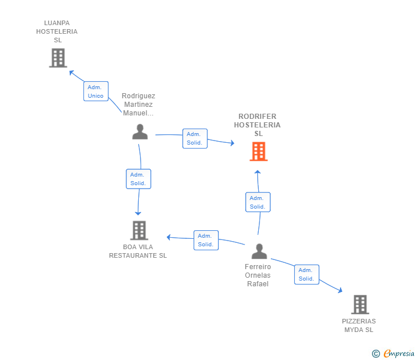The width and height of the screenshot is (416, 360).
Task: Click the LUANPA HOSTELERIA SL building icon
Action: pos(58,58)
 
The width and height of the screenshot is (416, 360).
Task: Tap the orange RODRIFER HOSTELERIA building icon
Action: pos(258,151)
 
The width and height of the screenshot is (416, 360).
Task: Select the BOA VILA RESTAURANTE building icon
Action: pos(139,230)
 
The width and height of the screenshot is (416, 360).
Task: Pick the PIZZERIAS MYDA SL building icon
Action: pos(359,305)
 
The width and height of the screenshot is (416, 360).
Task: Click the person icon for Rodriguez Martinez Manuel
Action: pos(140,131)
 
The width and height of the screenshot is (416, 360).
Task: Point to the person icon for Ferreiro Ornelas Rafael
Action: pos(259,251)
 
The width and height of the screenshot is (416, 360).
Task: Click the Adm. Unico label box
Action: pos(95,91)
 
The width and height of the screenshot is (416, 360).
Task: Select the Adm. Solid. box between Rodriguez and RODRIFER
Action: pos(194,138)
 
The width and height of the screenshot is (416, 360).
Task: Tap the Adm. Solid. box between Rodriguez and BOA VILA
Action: pos(138,179)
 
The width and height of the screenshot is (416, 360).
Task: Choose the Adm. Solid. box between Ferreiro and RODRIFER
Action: pos(258,202)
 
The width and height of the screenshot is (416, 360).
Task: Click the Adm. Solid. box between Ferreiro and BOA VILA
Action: pos(205,240)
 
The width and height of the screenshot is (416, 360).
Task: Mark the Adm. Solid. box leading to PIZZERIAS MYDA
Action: pos(306,274)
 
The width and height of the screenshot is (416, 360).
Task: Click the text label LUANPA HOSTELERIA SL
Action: pos(57,31)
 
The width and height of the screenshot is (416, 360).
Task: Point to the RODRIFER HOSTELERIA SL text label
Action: pos(258,125)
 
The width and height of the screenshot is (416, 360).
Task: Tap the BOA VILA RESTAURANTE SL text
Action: pos(138,251)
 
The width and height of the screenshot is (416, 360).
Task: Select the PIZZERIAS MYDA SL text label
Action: pos(359,325)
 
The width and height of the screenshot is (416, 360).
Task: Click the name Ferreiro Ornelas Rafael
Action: pos(258,275)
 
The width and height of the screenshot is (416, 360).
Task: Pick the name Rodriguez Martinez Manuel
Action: pos(138,104)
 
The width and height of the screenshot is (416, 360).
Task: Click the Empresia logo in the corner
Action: pos(394,354)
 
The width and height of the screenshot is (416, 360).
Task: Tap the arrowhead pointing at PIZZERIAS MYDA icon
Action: pos(340,290)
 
